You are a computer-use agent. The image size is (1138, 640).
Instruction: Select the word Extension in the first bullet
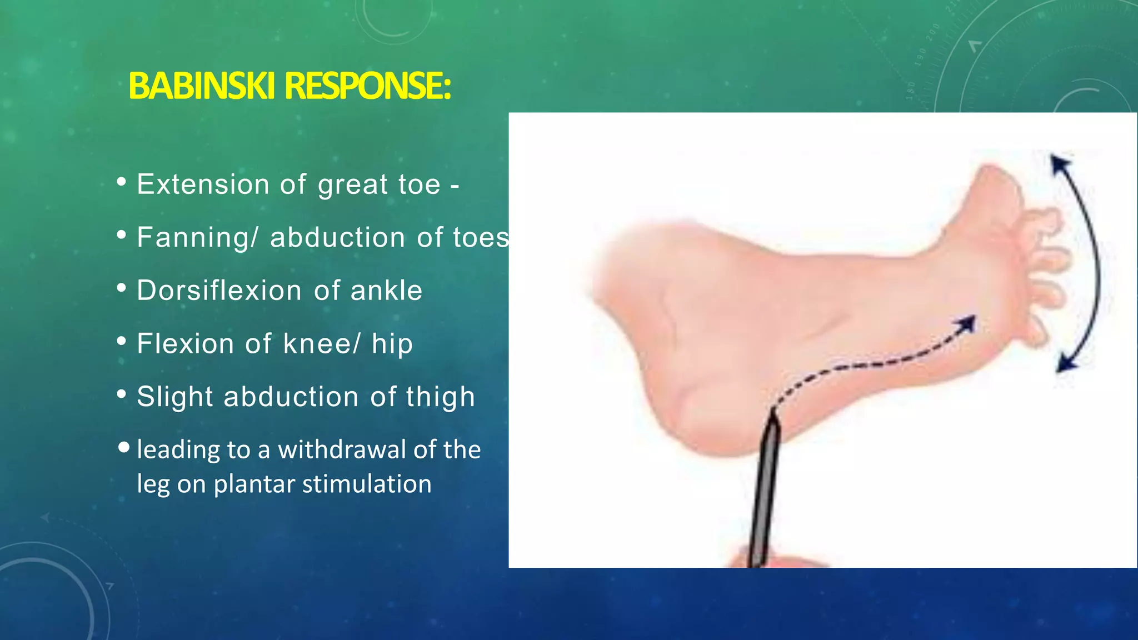pyautogui.click(x=203, y=184)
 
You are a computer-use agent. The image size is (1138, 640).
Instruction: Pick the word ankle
pyautogui.click(x=386, y=291)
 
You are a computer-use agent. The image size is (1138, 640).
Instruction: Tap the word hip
pyautogui.click(x=392, y=343)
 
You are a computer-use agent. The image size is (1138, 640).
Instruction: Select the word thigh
pyautogui.click(x=440, y=397)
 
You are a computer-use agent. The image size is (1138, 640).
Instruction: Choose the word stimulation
pyautogui.click(x=367, y=484)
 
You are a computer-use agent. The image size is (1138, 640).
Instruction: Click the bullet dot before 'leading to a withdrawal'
pyautogui.click(x=124, y=447)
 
